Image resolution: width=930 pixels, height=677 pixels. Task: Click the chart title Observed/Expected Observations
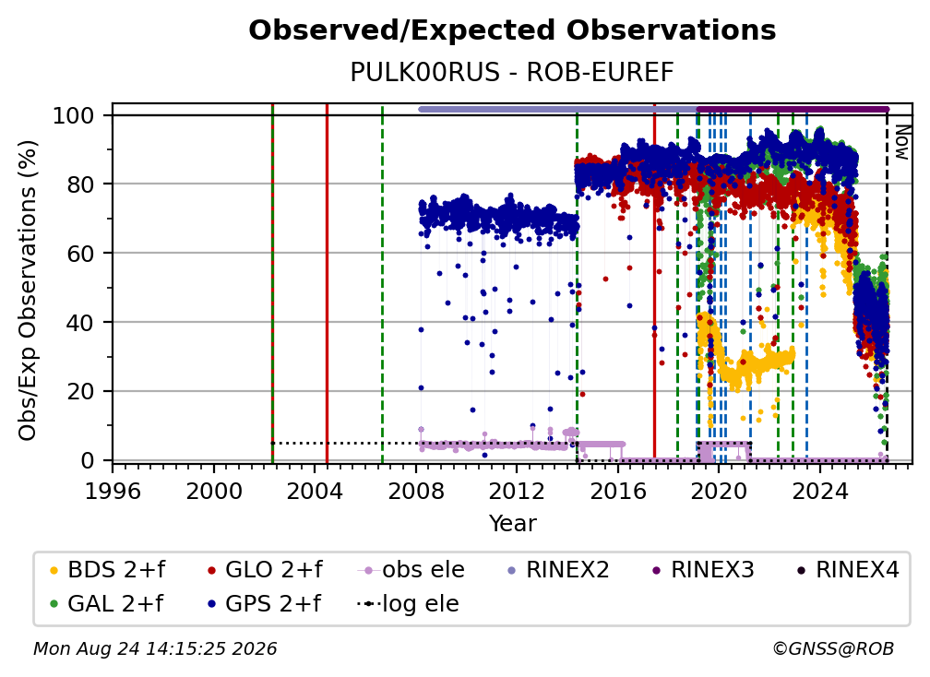tap(512, 30)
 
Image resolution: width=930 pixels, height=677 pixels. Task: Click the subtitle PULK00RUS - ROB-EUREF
tap(512, 73)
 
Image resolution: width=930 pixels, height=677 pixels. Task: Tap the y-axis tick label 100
tap(74, 115)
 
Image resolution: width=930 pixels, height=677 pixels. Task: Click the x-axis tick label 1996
tap(113, 491)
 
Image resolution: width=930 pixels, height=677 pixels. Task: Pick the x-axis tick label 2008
tap(416, 491)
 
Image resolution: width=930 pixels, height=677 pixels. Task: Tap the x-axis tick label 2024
tap(820, 491)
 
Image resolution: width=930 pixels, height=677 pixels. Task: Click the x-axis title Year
tap(512, 524)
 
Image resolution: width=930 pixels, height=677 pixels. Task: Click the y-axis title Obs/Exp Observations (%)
tap(28, 290)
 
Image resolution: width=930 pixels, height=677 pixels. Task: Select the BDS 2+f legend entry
tap(108, 570)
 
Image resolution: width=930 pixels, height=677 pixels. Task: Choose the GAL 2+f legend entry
tap(107, 604)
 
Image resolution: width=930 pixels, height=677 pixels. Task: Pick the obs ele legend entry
tap(411, 570)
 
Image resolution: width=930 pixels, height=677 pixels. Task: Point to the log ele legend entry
tap(408, 604)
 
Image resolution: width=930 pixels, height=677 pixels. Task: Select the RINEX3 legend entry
tap(702, 570)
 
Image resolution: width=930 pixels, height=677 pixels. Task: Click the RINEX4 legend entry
tap(848, 570)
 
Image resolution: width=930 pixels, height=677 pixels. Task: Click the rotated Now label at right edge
tap(901, 142)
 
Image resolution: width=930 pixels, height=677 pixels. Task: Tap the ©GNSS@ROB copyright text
tap(833, 649)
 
